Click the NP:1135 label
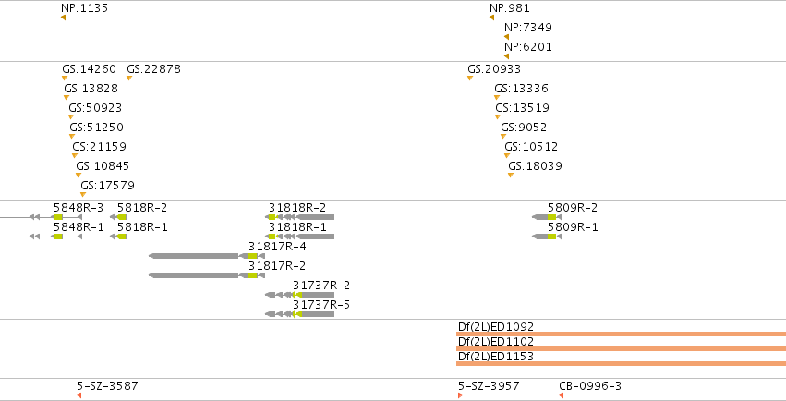pos(84,8)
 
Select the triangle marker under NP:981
pos(491,18)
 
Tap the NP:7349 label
pos(527,28)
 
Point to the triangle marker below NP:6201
pos(507,56)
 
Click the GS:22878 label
pos(153,69)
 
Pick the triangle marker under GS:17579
pos(83,194)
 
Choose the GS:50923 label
pos(95,108)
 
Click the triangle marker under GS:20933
pos(470,78)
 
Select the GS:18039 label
pos(535,166)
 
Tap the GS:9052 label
pos(524,128)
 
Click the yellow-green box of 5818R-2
pos(122,217)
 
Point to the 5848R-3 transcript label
pos(79,208)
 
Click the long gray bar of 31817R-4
pos(194,256)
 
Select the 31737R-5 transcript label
pos(321,305)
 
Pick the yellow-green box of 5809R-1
pos(551,237)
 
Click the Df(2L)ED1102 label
pos(496,342)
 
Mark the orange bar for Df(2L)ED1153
pos(621,363)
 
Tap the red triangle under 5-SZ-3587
pos(79,395)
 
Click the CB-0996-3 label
pos(590,386)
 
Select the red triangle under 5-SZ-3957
pos(460,395)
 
